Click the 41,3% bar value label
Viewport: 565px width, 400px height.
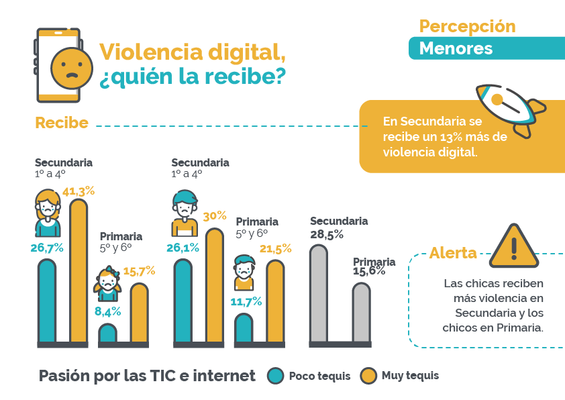(79, 191)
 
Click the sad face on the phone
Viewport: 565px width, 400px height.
(68, 68)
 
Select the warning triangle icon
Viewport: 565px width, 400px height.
(514, 244)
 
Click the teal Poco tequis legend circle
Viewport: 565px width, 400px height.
(275, 376)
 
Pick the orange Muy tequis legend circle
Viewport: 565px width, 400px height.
(368, 376)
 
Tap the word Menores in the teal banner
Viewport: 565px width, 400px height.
(456, 49)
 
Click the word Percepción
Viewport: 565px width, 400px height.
(467, 26)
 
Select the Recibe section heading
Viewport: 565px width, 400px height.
(62, 123)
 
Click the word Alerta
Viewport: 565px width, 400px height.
(453, 253)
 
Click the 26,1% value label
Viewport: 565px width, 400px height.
(183, 248)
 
